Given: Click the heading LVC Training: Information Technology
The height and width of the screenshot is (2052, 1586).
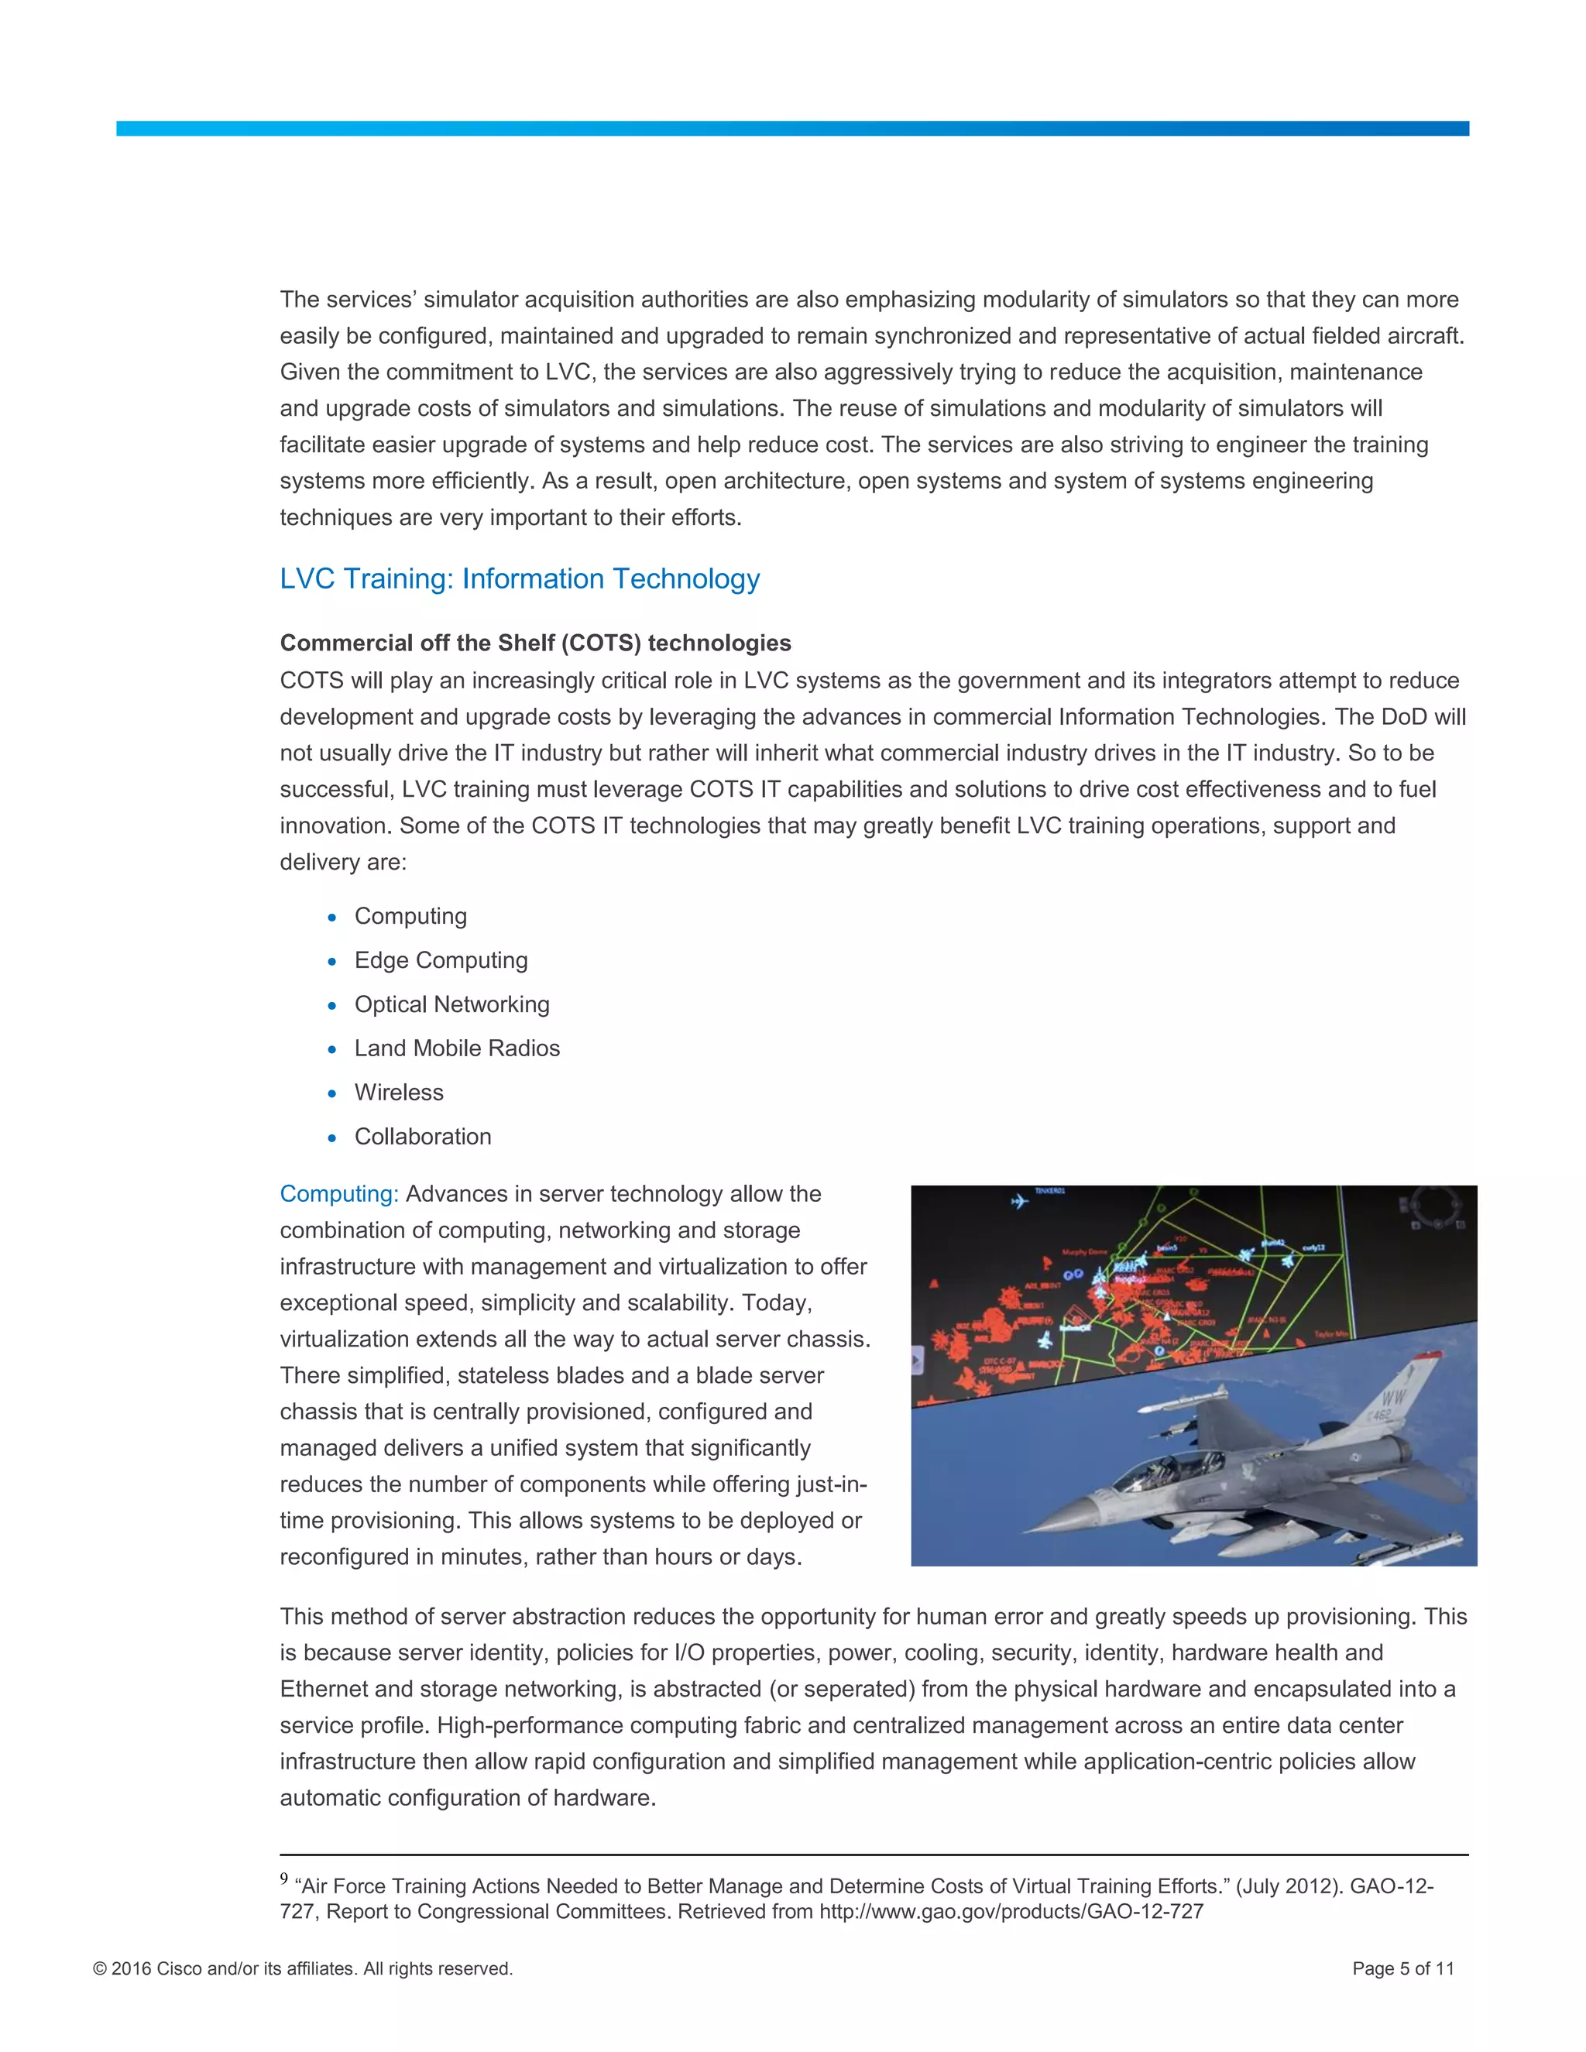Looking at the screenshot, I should tap(520, 578).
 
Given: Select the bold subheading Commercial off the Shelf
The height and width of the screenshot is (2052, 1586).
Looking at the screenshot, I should tap(536, 643).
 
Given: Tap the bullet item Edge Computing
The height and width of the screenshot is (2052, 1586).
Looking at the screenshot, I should tap(441, 960).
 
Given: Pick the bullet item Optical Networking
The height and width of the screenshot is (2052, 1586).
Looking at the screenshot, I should tap(452, 1004).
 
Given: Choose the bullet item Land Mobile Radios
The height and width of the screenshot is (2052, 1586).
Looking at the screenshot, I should tap(457, 1048).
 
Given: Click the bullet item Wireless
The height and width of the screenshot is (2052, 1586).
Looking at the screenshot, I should tap(398, 1093).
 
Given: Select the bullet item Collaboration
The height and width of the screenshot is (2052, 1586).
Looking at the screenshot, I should tap(423, 1137).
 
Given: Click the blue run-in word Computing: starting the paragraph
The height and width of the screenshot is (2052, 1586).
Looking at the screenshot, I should tap(339, 1194).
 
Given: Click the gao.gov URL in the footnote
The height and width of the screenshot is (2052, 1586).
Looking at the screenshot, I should tap(1011, 1912).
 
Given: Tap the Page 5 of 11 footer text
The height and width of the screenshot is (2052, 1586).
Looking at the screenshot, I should tap(1402, 1968).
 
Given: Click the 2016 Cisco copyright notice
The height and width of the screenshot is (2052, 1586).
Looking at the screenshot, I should tap(303, 1968).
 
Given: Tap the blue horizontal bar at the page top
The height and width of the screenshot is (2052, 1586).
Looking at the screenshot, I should tap(792, 129).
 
